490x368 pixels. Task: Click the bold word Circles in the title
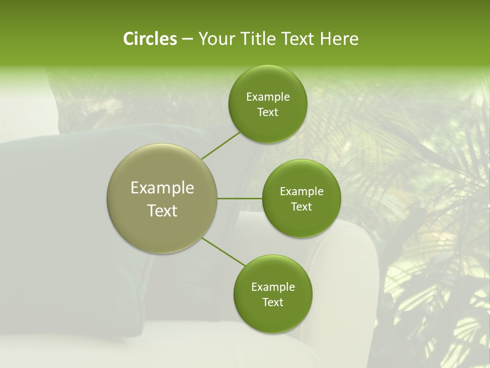(x=150, y=39)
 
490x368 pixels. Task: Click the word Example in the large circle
(x=162, y=188)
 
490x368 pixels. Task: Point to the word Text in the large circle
(x=162, y=211)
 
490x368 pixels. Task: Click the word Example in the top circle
(x=268, y=97)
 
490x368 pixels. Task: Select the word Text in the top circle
(x=267, y=112)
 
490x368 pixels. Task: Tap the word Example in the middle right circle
(x=302, y=192)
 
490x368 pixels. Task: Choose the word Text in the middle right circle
(x=302, y=206)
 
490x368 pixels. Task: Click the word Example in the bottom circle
(x=273, y=287)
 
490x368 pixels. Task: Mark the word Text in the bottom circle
(x=273, y=302)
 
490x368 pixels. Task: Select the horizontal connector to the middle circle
(x=240, y=198)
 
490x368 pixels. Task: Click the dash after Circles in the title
(x=187, y=39)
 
